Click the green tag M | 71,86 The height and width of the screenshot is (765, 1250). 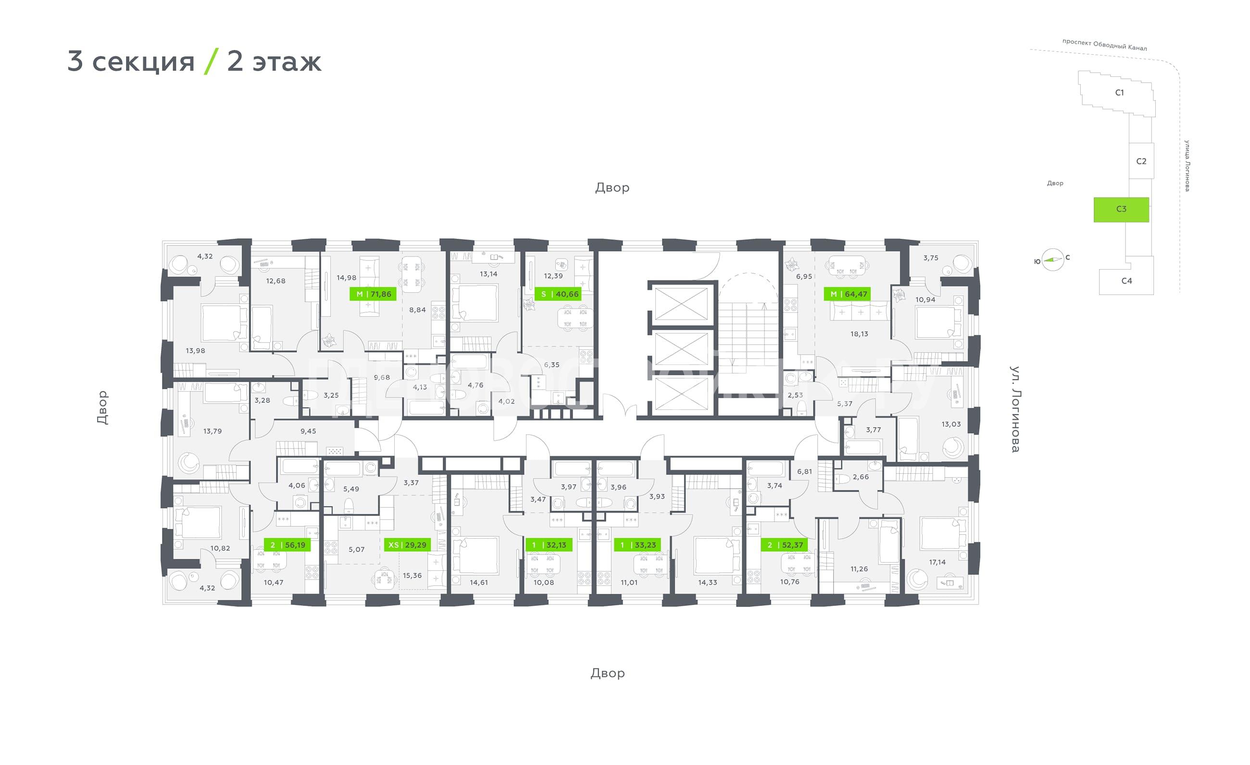pyautogui.click(x=373, y=294)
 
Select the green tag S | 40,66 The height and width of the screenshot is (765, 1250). pyautogui.click(x=558, y=294)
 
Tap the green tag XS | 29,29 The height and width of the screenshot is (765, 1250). pyautogui.click(x=407, y=545)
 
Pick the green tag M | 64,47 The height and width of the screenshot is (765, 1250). pyautogui.click(x=848, y=294)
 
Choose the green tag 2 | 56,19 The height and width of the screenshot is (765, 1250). pyautogui.click(x=287, y=545)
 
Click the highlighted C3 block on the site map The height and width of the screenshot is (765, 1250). pyautogui.click(x=1121, y=210)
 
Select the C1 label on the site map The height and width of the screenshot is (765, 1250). pyautogui.click(x=1120, y=93)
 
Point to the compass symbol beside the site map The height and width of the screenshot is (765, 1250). pyautogui.click(x=1053, y=260)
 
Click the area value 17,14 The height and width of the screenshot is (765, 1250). pyautogui.click(x=937, y=562)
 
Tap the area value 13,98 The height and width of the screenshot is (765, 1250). pyautogui.click(x=195, y=351)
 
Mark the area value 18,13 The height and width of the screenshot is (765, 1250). pyautogui.click(x=859, y=334)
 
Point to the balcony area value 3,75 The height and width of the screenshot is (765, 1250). pyautogui.click(x=930, y=258)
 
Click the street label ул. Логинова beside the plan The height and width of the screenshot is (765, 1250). pyautogui.click(x=1015, y=408)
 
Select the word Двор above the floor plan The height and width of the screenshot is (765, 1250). pyautogui.click(x=612, y=188)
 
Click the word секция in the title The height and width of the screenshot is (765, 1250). pyautogui.click(x=144, y=62)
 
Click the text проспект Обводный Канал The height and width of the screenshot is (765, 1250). pyautogui.click(x=1104, y=45)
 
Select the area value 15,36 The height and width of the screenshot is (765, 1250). pyautogui.click(x=412, y=576)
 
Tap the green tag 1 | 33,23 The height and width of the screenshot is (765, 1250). pyautogui.click(x=638, y=545)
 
